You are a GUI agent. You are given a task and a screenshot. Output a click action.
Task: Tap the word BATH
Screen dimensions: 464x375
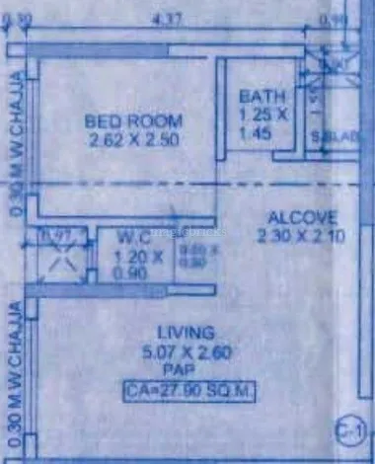[263, 97]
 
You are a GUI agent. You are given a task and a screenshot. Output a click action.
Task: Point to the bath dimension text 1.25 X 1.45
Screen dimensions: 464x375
[262, 121]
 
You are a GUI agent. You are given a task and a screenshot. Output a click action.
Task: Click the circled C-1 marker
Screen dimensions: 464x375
[349, 429]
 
